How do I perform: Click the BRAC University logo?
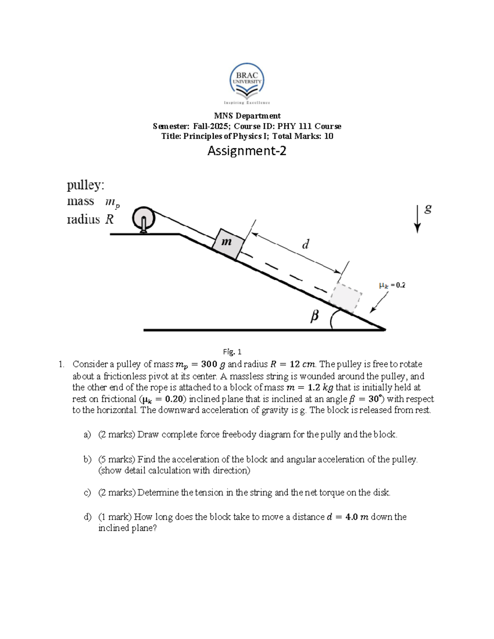pos(247,84)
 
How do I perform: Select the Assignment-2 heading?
pos(247,151)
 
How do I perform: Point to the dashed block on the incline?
pos(346,297)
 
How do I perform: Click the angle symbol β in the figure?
pos(315,316)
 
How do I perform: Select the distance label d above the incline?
pos(305,245)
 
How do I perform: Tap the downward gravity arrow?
pos(417,218)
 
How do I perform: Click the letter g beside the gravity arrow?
pos(428,209)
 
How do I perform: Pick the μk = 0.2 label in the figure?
pos(392,285)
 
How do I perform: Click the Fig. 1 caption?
pos(232,352)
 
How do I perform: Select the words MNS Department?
pos(247,116)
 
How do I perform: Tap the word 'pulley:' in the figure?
pos(86,186)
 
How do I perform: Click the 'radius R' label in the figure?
pos(90,219)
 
